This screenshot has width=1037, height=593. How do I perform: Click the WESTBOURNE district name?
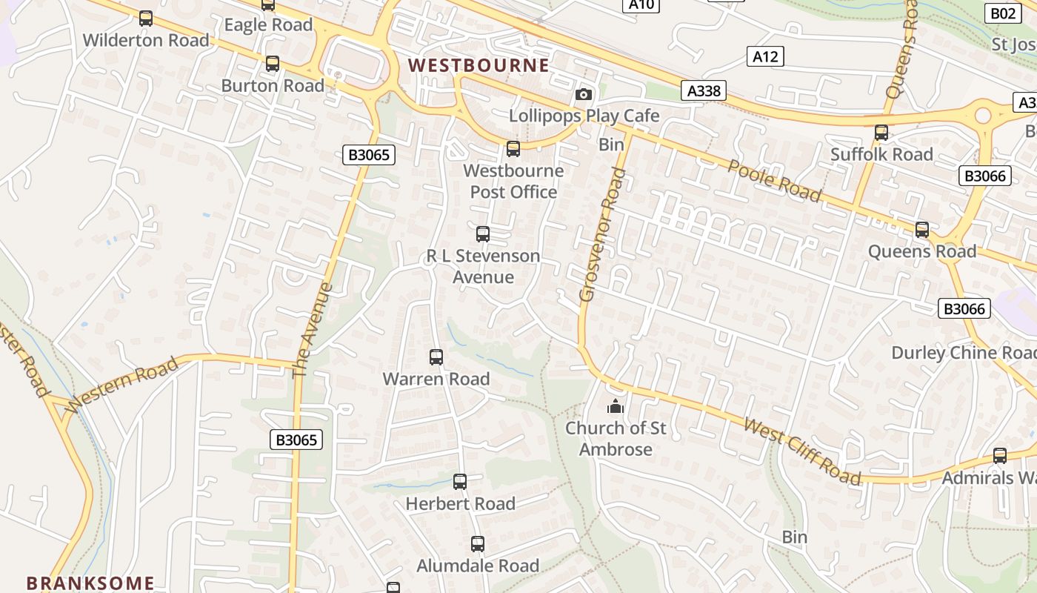tap(479, 65)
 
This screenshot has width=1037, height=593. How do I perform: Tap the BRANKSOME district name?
tap(90, 583)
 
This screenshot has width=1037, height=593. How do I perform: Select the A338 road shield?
tap(703, 90)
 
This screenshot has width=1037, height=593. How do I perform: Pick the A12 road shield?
tap(765, 56)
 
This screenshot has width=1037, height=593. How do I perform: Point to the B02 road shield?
tap(1003, 13)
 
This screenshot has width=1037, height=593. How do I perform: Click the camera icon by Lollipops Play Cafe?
tap(584, 95)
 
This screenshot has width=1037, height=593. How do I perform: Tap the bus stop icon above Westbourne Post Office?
tap(513, 149)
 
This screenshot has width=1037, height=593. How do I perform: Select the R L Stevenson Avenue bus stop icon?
tap(483, 234)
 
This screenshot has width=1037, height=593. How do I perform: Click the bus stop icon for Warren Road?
tap(436, 357)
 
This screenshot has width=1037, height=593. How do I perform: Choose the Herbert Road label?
tap(460, 504)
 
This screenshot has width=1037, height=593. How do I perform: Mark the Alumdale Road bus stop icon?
tap(478, 544)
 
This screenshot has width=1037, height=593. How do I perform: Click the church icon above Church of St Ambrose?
tap(615, 406)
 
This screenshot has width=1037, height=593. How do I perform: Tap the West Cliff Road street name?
tap(803, 451)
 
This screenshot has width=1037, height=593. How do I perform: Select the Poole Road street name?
tap(775, 181)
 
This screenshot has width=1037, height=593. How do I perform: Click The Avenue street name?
tap(313, 330)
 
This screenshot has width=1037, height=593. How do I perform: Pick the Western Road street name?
tap(122, 384)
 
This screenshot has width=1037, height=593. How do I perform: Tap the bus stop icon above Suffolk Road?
tap(881, 133)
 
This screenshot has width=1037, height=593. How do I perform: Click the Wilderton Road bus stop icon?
tap(146, 19)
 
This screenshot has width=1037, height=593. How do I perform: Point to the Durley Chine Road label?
tap(964, 353)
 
